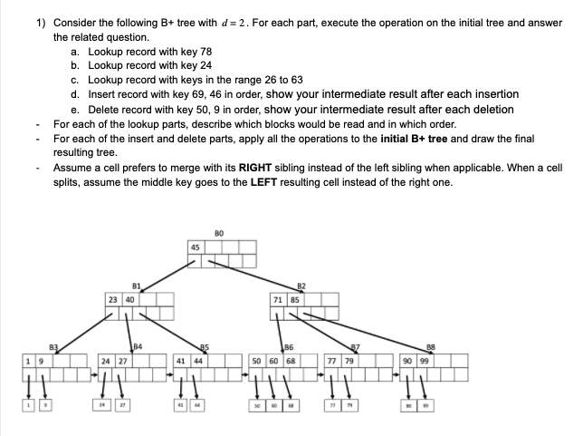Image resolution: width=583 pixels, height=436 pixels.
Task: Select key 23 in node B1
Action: [x=111, y=298]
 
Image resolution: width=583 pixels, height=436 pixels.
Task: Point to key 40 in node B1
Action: [x=129, y=298]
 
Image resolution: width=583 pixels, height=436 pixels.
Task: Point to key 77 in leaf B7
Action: [x=332, y=359]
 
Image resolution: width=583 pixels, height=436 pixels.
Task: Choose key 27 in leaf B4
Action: [x=121, y=359]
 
